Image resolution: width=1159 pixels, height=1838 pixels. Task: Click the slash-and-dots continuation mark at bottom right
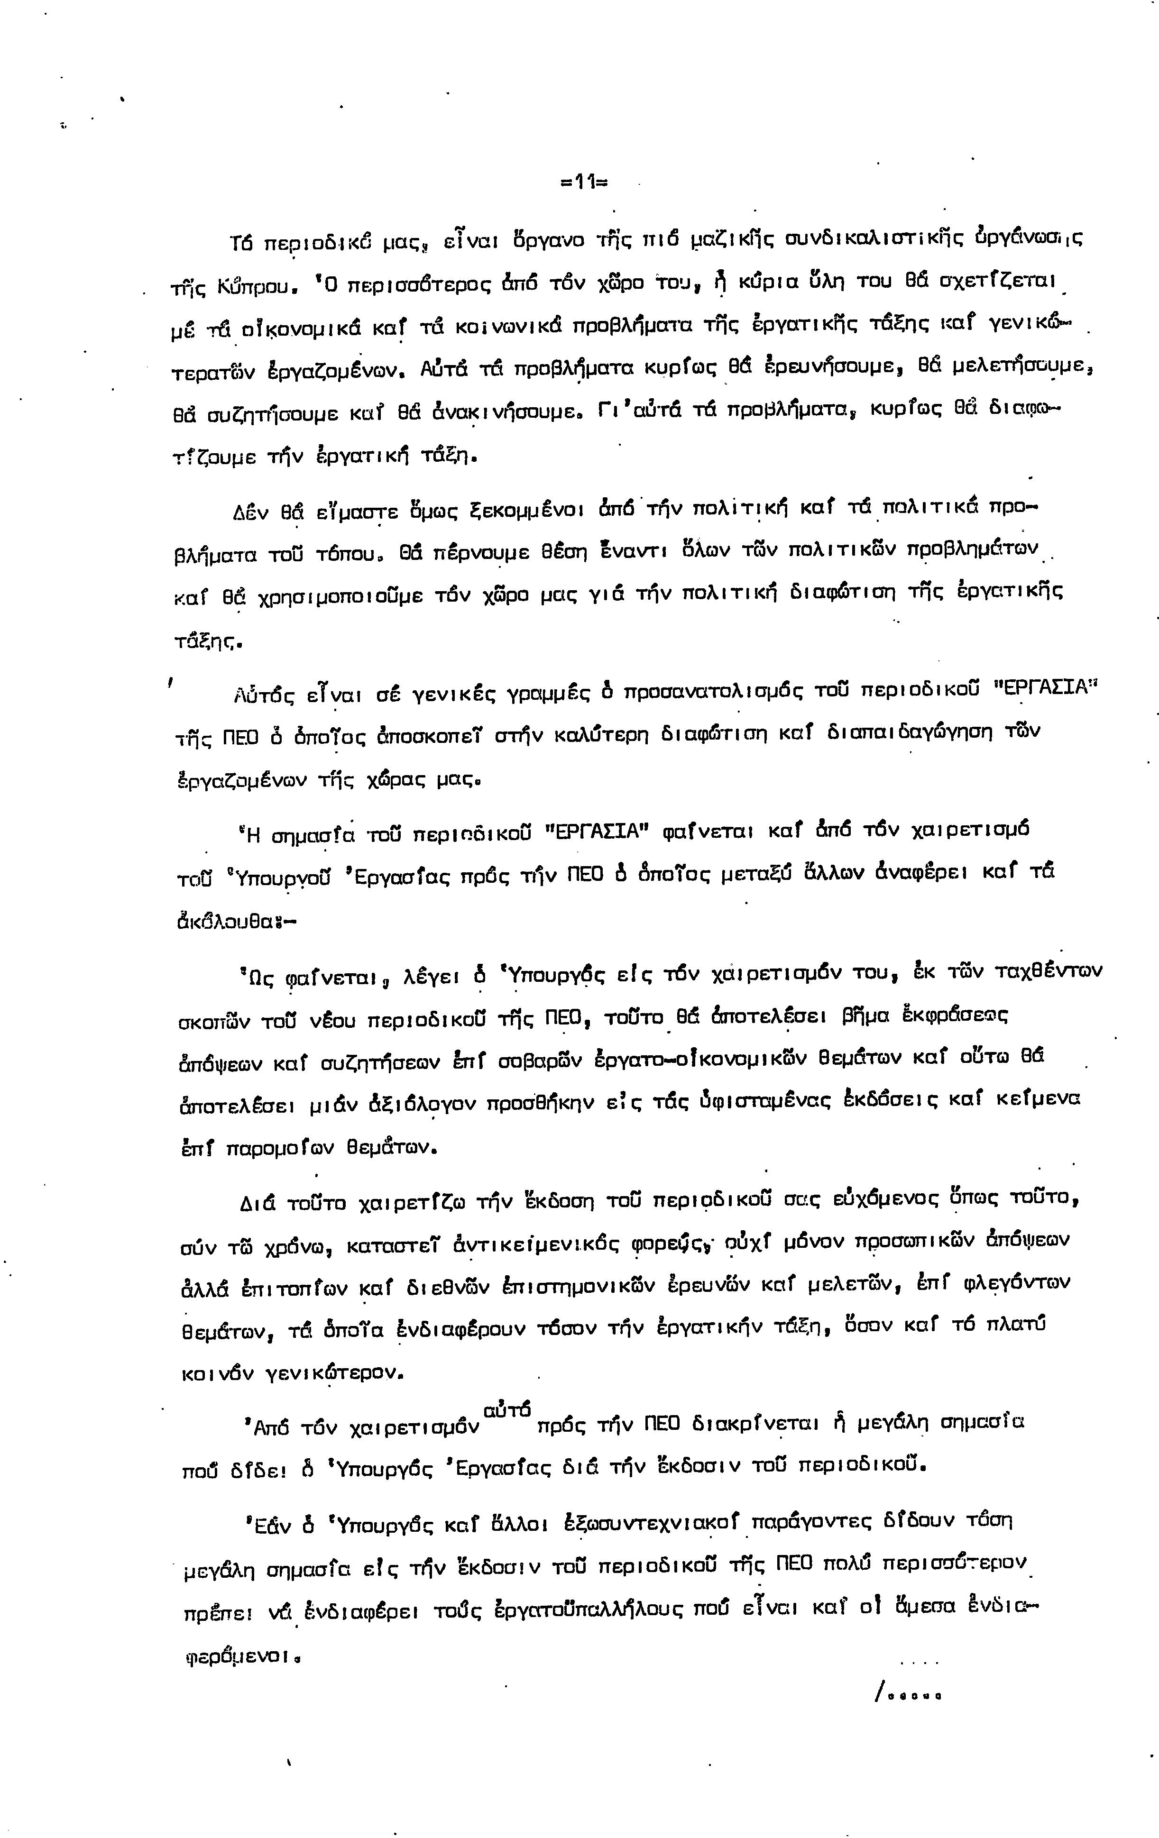click(x=907, y=1694)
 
